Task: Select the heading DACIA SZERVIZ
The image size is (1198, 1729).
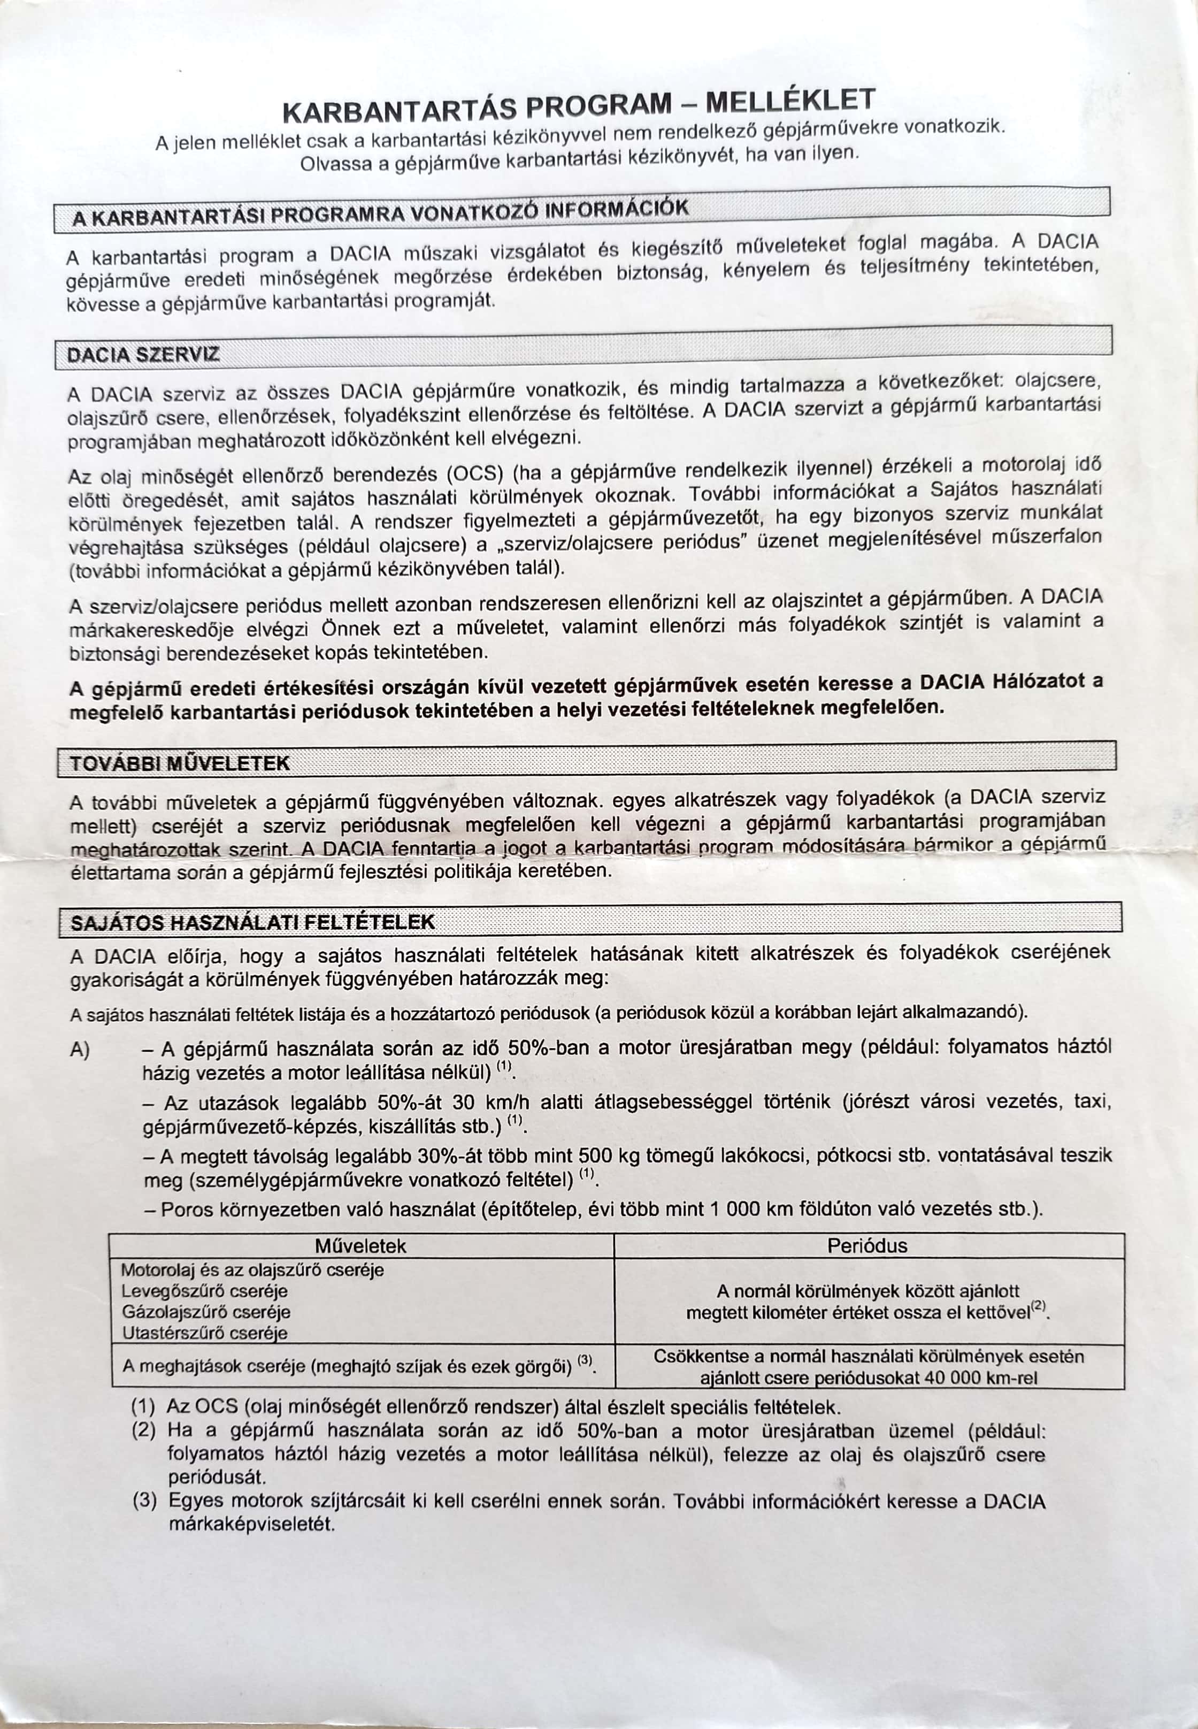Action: (x=143, y=354)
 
